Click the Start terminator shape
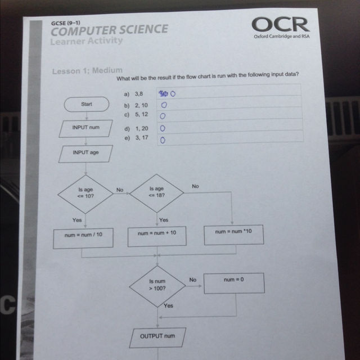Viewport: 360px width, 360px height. [87, 104]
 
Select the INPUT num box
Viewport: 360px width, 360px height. [85, 129]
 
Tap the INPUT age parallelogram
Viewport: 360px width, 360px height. [85, 154]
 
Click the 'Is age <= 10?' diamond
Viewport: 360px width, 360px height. [85, 194]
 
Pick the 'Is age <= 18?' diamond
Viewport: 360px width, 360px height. [156, 193]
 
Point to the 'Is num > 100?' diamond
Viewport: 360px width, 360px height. [157, 286]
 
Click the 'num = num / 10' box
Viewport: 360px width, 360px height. [83, 238]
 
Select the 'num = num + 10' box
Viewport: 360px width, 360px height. [157, 236]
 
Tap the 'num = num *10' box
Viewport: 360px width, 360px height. [234, 235]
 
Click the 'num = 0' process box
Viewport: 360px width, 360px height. [234, 283]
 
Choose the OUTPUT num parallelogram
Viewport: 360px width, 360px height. [157, 337]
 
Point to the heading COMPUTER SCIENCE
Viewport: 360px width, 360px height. [110, 30]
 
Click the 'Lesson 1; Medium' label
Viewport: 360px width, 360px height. [87, 71]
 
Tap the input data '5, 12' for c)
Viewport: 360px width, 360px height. [141, 114]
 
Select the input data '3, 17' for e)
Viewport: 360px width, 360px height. [142, 138]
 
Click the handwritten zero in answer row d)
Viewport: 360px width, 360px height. [163, 128]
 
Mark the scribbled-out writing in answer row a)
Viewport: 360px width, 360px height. [164, 94]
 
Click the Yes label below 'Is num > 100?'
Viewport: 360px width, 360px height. [168, 305]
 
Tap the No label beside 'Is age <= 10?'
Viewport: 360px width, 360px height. [120, 190]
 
